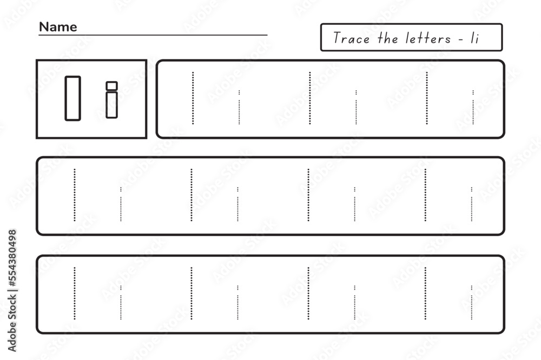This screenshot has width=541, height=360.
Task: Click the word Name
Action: click(58, 27)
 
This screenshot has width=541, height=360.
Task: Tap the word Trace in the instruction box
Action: click(351, 38)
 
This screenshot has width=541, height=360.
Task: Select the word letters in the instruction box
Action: click(428, 38)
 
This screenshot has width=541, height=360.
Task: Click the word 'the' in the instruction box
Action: click(388, 38)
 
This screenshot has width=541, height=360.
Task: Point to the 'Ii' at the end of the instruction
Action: click(475, 38)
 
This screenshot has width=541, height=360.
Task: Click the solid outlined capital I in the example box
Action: click(73, 98)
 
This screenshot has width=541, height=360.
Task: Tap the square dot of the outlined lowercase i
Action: click(112, 86)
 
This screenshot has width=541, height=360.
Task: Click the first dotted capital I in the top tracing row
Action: click(193, 98)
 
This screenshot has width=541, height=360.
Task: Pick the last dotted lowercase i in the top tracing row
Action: click(473, 107)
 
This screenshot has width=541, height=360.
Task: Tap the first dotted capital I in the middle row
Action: click(75, 195)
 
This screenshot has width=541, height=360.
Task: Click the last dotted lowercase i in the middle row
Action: click(472, 204)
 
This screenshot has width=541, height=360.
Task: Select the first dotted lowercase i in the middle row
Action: click(121, 204)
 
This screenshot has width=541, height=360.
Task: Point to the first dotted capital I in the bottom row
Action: click(75, 293)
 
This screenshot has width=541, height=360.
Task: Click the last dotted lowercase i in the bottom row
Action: click(472, 302)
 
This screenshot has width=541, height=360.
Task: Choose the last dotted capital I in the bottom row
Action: click(425, 293)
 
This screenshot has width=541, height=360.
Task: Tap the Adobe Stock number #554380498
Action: click(12, 258)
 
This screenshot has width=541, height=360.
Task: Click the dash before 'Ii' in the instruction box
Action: click(461, 39)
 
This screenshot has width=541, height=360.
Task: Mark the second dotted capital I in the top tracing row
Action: click(310, 98)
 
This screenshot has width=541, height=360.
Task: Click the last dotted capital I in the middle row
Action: click(425, 195)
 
